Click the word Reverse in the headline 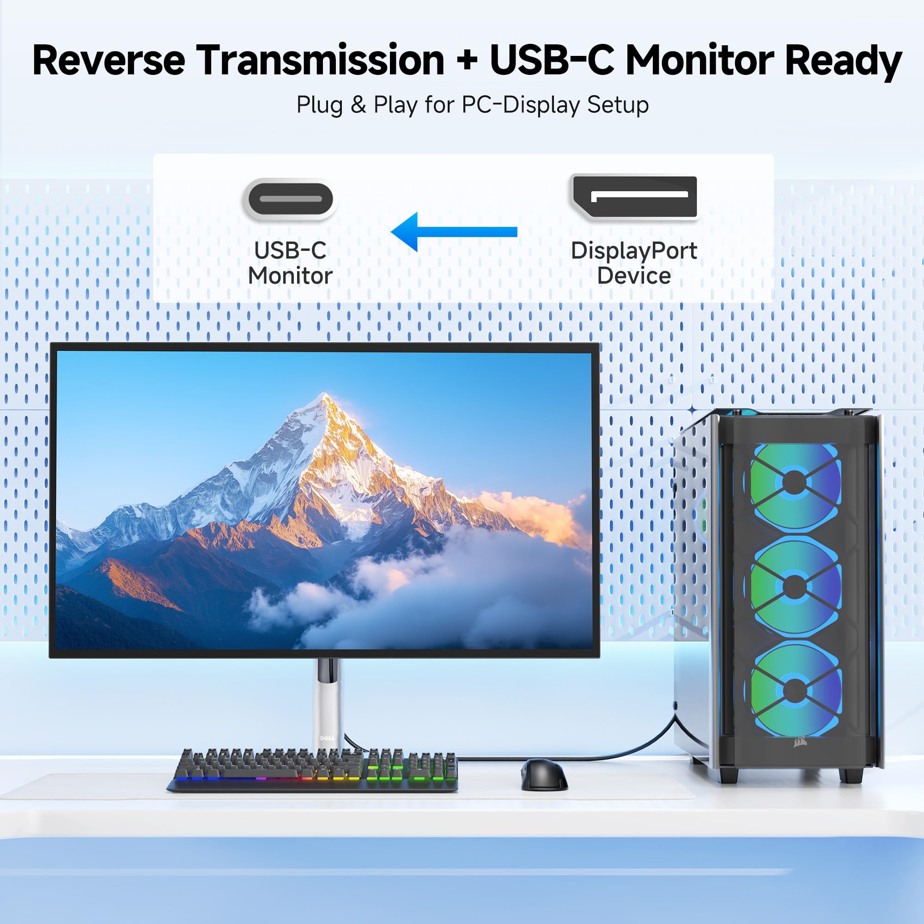coord(109,61)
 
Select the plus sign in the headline coord(467,61)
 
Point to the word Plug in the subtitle coord(320,105)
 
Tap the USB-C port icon coord(290,199)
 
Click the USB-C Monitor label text coord(290,263)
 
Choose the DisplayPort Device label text coord(634,263)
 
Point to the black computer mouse coord(543,774)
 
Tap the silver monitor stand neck coord(327,703)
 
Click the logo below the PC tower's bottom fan coord(800,742)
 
